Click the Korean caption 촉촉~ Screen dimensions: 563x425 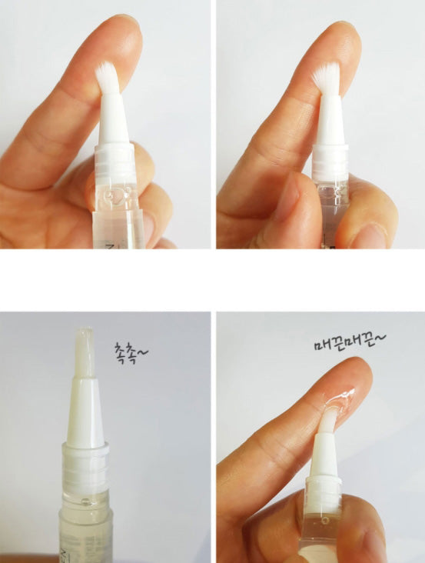[131, 353]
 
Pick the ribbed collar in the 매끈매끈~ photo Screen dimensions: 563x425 [324, 487]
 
